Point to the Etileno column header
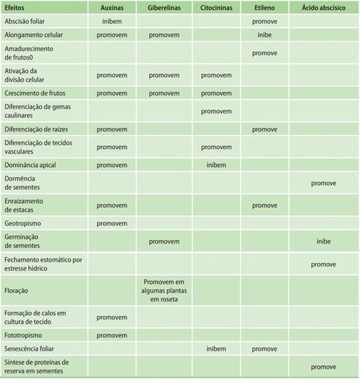(263, 7)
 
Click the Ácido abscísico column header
(323, 7)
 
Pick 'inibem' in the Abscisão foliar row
(111, 21)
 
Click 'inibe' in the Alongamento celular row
(264, 35)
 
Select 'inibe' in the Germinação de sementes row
(323, 241)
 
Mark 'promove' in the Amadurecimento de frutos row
(264, 53)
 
